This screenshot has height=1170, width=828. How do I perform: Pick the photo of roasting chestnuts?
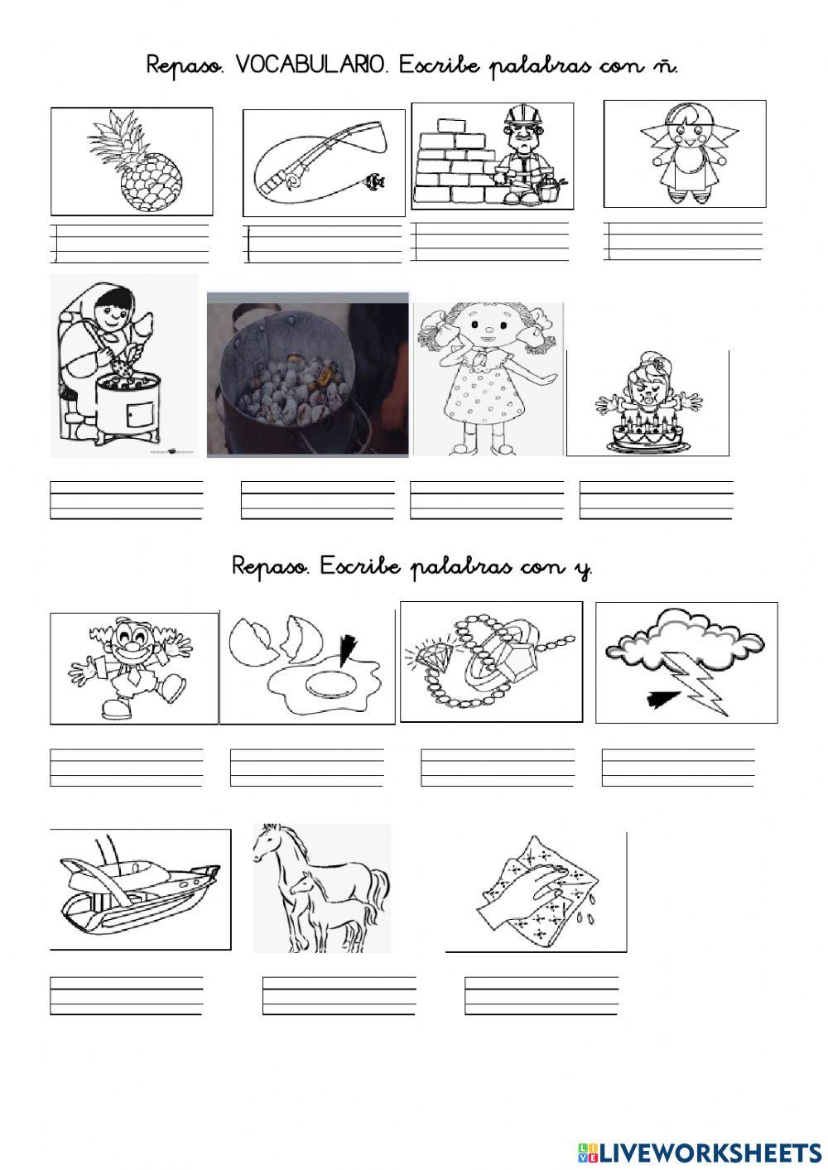(x=307, y=374)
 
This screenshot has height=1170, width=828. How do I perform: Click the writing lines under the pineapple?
(x=131, y=243)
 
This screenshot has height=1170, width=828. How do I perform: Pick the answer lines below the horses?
(x=339, y=995)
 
